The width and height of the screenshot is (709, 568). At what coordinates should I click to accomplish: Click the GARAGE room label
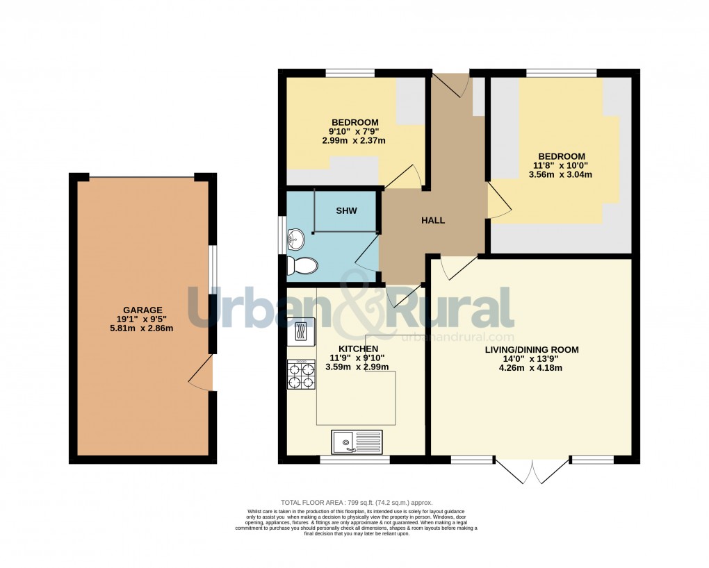tap(142, 310)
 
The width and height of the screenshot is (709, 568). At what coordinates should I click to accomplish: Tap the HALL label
tap(433, 220)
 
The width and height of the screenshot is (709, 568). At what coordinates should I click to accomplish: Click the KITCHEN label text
tap(358, 349)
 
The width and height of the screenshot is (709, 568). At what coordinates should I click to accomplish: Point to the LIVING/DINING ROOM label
tap(532, 349)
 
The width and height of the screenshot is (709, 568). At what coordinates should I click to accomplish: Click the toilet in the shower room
tap(302, 265)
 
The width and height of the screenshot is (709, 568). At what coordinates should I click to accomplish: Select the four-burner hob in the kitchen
tap(301, 375)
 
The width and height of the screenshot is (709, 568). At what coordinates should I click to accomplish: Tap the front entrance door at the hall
tap(450, 84)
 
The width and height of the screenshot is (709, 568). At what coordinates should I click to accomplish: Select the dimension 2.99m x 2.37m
tap(354, 140)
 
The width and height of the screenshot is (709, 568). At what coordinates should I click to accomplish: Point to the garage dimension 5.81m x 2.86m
tap(142, 328)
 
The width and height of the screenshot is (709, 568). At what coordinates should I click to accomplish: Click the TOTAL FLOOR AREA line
tap(356, 503)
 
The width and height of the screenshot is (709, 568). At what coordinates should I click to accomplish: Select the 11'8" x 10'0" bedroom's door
tap(498, 202)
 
